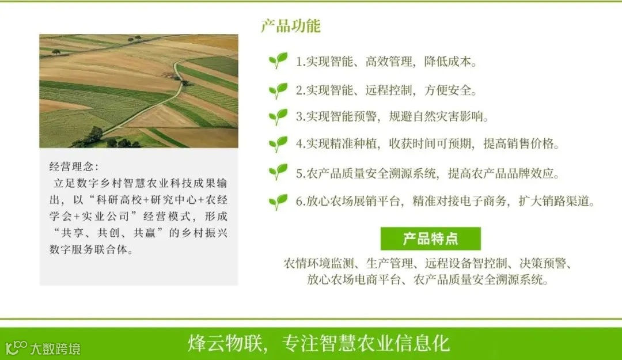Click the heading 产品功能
[x=290, y=26]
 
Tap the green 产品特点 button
[x=430, y=238]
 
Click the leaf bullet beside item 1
[x=278, y=60]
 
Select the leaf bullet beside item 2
[x=278, y=90]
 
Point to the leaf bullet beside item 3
[x=278, y=117]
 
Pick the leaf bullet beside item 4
[x=278, y=144]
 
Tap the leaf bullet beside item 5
[x=278, y=172]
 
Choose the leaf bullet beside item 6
[x=278, y=201]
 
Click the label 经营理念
[x=74, y=167]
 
